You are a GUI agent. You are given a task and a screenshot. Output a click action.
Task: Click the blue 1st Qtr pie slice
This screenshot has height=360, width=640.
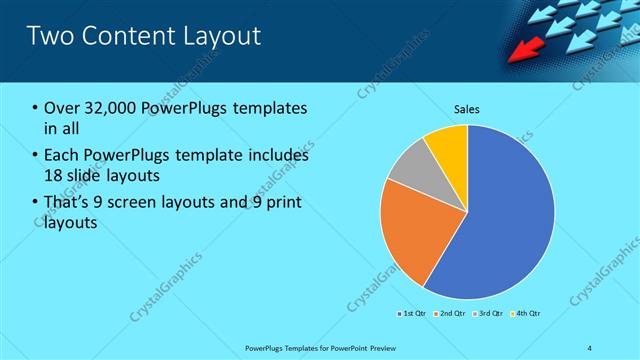coord(500,220)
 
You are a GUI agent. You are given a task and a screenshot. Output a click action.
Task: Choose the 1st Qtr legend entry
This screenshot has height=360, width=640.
coord(413,314)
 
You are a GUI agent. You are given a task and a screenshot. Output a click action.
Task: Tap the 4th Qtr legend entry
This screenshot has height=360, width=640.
coord(527,314)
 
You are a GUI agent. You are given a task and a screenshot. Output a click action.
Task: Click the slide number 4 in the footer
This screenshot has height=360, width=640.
coord(590,348)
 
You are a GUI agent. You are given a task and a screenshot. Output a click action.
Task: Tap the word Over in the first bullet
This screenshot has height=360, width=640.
coord(61,108)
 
